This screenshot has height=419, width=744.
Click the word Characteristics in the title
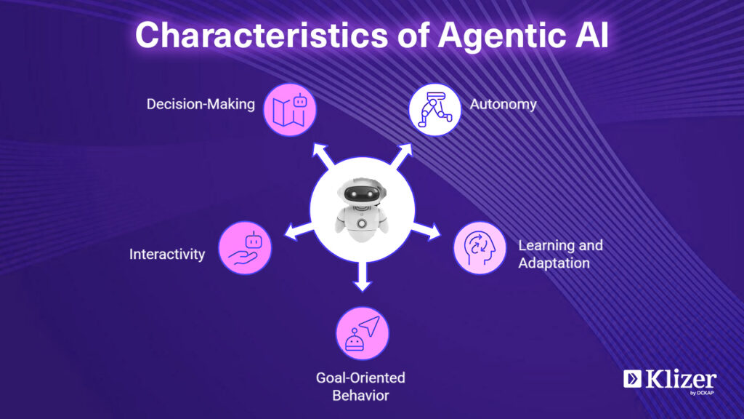pyautogui.click(x=262, y=35)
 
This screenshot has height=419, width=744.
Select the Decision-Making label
pyautogui.click(x=201, y=105)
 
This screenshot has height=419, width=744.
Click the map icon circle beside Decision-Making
pyautogui.click(x=289, y=110)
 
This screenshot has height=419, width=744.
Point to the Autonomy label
pyautogui.click(x=503, y=105)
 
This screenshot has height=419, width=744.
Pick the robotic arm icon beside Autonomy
pyautogui.click(x=434, y=110)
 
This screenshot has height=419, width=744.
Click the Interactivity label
pyautogui.click(x=167, y=254)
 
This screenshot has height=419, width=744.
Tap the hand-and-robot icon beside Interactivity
pyautogui.click(x=245, y=248)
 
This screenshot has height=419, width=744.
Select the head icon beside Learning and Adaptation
pyautogui.click(x=480, y=248)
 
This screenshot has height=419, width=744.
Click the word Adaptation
pyautogui.click(x=554, y=263)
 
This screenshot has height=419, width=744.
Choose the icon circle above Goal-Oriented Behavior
pyautogui.click(x=362, y=333)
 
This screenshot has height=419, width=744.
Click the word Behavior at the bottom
pyautogui.click(x=360, y=395)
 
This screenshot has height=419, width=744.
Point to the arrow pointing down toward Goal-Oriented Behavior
pyautogui.click(x=363, y=276)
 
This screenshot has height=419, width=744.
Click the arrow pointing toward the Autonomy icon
pyautogui.click(x=401, y=156)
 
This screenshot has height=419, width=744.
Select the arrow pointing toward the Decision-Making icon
pyautogui.click(x=323, y=156)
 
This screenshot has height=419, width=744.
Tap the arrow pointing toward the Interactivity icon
pyautogui.click(x=299, y=231)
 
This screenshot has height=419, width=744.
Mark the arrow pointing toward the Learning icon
pyautogui.click(x=426, y=231)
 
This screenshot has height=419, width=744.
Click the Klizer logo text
pyautogui.click(x=681, y=380)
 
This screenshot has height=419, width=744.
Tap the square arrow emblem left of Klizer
pyautogui.click(x=632, y=378)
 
